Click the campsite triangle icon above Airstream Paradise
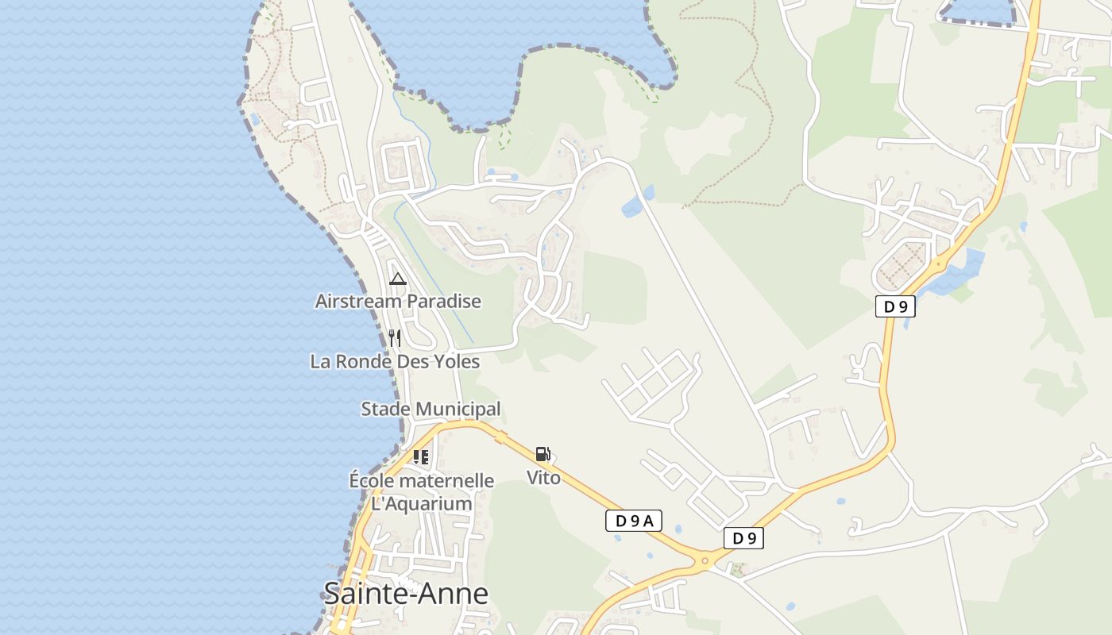point(398,279)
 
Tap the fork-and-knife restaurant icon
point(395,339)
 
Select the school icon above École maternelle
point(421,457)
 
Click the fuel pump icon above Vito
point(543,455)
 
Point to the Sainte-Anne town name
point(405,593)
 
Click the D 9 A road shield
point(633,521)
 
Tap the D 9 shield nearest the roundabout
point(743,538)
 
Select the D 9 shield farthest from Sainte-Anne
point(896,306)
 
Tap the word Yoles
point(455,362)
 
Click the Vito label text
point(543,478)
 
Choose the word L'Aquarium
point(422,504)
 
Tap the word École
point(372,481)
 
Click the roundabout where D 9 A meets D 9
point(705,561)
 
